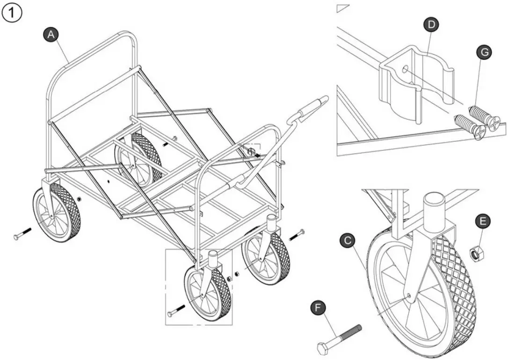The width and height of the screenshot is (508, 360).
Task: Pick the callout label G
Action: point(485,52)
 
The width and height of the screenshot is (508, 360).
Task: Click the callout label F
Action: point(319,308)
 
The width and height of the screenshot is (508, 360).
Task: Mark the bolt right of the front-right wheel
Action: point(297,235)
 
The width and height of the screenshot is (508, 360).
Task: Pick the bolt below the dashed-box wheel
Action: point(176,310)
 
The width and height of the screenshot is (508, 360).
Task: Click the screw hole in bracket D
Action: point(405,71)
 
